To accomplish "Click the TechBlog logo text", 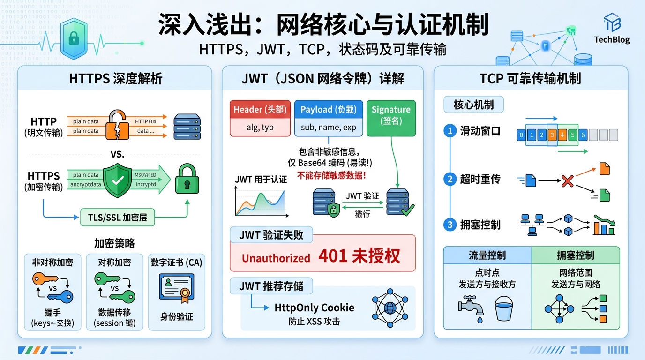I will coord(612,40).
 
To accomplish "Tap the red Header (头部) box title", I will coord(261,109).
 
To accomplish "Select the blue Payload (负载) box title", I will coord(328,109).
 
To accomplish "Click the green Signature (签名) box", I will coord(391,115).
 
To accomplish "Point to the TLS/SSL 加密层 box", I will coord(117,217).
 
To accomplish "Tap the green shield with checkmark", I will coord(117,180).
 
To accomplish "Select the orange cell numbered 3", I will coord(552,135).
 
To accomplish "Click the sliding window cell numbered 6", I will coord(583,135).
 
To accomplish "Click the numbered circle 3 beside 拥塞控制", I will coord(450,225).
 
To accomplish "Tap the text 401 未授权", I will coord(359,256).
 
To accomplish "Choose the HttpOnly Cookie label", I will coord(315,308).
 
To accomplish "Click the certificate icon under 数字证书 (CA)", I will coord(176,287).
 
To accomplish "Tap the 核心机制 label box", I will coord(473,105).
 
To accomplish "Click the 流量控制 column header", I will coord(487,255).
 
